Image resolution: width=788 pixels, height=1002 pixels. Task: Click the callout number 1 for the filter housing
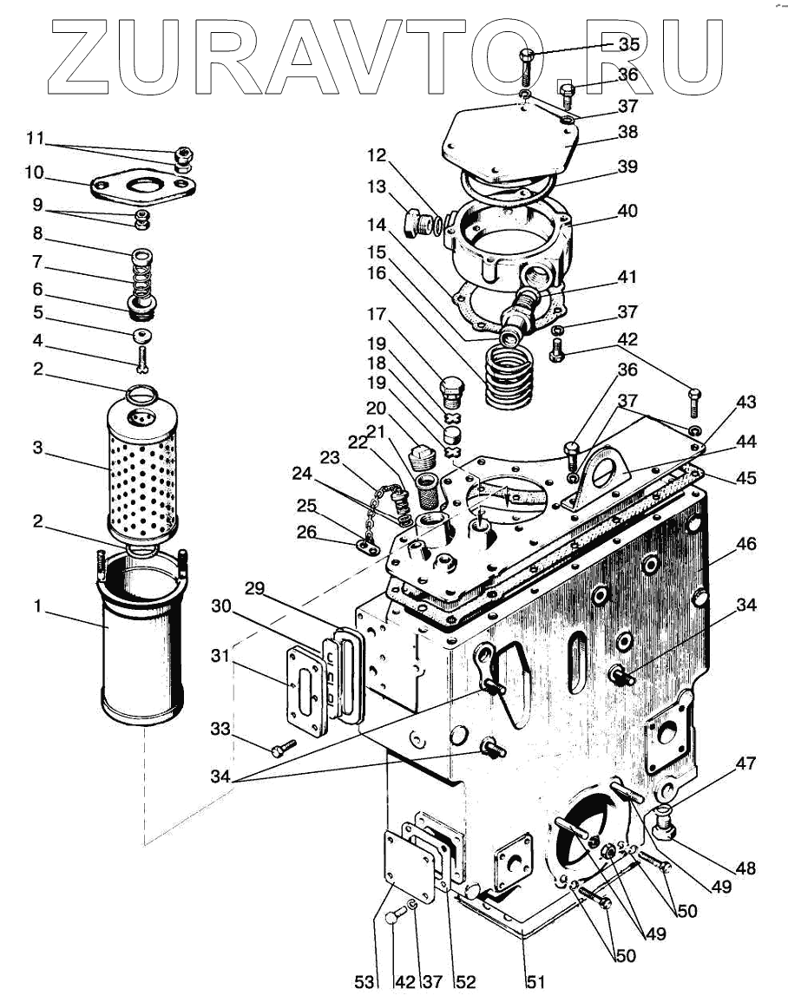coord(37,606)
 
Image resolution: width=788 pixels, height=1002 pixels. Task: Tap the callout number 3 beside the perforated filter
coord(38,448)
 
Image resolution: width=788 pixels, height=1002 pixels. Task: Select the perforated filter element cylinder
coord(141,469)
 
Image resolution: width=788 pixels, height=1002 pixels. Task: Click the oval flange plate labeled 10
coord(142,186)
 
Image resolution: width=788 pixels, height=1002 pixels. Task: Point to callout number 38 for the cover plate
coord(627,132)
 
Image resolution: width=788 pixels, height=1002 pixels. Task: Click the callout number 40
coord(627,210)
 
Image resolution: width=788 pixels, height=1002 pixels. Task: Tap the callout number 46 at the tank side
coord(745,543)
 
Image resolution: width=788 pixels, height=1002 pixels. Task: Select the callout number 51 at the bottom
coord(535,981)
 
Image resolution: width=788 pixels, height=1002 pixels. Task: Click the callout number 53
coord(364,981)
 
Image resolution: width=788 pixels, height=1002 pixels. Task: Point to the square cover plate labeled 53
coord(410,867)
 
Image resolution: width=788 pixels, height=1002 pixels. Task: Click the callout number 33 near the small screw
coord(220,729)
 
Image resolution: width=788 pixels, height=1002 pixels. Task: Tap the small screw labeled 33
coord(283,748)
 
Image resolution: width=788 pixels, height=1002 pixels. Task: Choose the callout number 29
coord(254,588)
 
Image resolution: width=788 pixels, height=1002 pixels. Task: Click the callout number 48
coord(745,868)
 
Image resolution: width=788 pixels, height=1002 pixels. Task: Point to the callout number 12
coord(377,154)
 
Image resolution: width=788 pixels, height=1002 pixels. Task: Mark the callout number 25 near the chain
coord(306,506)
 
